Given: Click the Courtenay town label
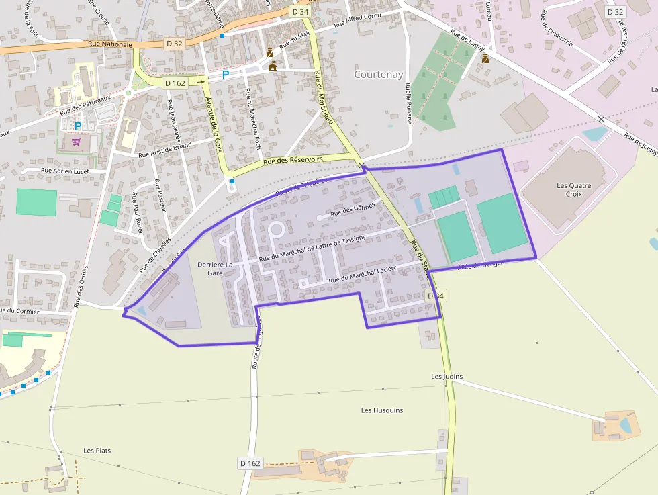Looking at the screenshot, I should click(379, 75).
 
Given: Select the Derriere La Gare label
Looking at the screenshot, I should click(215, 269).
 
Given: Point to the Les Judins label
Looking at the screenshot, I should click(447, 377).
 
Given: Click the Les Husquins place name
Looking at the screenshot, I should click(380, 410).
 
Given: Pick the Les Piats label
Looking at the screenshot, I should click(97, 450).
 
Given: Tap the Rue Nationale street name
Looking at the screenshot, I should click(109, 44).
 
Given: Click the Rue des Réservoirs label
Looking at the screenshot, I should click(293, 160).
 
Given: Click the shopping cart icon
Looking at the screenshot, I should click(76, 142).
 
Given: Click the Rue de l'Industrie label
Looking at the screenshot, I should click(557, 31).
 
